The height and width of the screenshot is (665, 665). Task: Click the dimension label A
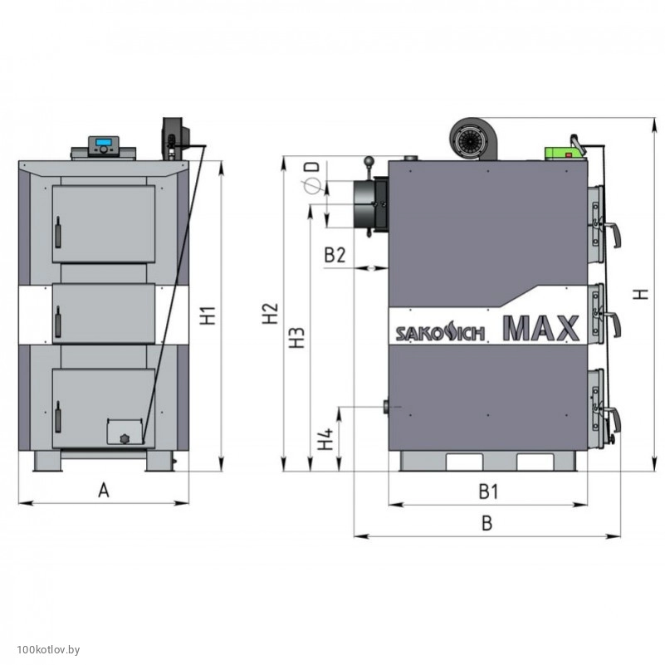(x=104, y=491)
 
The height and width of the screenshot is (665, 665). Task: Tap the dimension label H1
(x=208, y=315)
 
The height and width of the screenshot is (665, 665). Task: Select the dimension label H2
(x=270, y=314)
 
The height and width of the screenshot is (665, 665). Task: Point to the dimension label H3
(x=297, y=338)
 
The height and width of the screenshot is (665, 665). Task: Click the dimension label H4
(x=325, y=439)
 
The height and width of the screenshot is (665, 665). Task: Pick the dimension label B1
(x=488, y=491)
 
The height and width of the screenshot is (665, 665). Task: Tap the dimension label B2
(x=335, y=256)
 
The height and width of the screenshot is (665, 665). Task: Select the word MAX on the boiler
(x=541, y=328)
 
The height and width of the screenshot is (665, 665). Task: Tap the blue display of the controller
(x=104, y=142)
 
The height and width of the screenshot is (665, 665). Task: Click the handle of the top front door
(x=57, y=232)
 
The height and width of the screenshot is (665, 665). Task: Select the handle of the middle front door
(x=57, y=321)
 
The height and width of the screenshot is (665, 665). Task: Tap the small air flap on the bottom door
(x=125, y=432)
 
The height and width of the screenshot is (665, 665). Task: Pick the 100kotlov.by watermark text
(x=48, y=649)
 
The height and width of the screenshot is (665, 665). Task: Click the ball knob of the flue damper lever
(x=369, y=161)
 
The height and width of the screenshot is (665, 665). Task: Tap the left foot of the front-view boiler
(x=47, y=461)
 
